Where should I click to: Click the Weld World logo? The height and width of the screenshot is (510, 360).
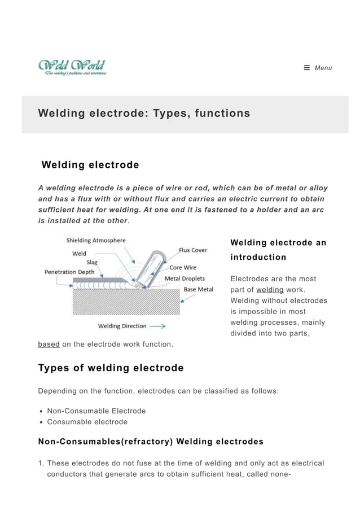pos(72,67)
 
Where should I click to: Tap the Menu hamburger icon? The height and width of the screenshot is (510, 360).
pos(307,68)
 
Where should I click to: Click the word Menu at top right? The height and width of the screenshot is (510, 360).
pos(323,68)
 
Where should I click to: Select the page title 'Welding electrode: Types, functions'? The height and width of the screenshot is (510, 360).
pos(144,114)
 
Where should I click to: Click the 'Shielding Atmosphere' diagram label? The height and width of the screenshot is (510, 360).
pos(96,241)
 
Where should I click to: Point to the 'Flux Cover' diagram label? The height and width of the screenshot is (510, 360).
pos(193,250)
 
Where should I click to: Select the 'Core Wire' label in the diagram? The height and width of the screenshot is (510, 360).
pos(183,268)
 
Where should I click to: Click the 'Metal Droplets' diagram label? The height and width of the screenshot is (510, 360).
pos(185,278)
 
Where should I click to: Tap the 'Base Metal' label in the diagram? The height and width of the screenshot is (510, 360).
pos(199,289)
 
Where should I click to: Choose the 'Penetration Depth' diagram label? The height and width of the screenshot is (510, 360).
pos(70,272)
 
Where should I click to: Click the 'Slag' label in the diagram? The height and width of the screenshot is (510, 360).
pos(91,262)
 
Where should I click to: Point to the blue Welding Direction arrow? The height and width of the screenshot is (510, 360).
pos(157,326)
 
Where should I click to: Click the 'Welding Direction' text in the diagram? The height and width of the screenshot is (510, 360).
pos(122,326)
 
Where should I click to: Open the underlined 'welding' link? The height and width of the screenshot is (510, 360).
pos(270,290)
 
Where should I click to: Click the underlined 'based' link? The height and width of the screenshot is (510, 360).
pos(49,344)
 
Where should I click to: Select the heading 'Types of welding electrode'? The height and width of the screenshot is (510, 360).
pos(111,368)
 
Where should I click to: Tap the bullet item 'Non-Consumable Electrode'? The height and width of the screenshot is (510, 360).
pos(96,411)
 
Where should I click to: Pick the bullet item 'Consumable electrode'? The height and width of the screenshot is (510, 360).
pos(87,422)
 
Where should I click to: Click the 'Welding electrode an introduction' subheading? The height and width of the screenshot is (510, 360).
pos(278,250)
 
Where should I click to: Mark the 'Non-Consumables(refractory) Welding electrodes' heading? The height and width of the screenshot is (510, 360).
pos(151,442)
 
